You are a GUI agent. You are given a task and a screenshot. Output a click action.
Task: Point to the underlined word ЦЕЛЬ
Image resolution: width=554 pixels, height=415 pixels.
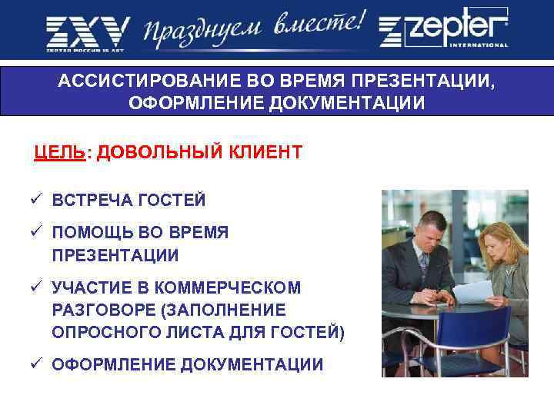click(x=59, y=151)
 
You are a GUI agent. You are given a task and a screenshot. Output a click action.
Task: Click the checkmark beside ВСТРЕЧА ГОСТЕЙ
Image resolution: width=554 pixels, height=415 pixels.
click(x=36, y=200)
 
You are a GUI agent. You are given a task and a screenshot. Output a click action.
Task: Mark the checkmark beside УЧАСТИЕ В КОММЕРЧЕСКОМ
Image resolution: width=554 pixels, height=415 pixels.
click(x=36, y=287)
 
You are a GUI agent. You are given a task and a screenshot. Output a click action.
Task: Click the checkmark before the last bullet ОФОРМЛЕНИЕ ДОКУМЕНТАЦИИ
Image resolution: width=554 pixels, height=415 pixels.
click(x=36, y=364)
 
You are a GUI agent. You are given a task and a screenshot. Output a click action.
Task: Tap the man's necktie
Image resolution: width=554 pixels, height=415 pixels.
click(x=424, y=265)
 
